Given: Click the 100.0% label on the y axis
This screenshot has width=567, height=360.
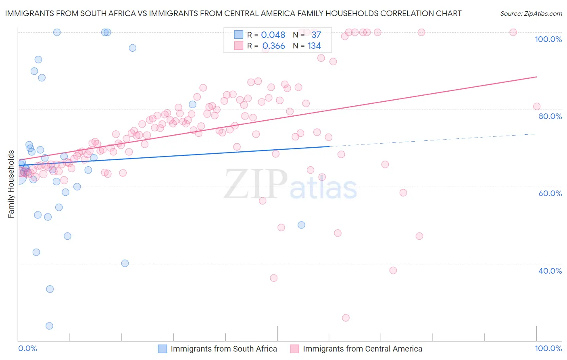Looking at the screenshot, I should (548, 39).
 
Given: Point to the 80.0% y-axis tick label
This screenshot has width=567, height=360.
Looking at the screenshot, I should (550, 116).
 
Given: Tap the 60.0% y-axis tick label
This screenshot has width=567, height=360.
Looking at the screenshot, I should (550, 193).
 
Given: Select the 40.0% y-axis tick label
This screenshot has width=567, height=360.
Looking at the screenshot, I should (550, 271).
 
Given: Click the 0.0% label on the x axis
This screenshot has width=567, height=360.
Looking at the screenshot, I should (27, 348).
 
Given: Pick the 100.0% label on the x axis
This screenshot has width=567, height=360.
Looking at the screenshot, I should (548, 348).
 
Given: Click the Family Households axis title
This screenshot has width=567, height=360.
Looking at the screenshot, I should (11, 184).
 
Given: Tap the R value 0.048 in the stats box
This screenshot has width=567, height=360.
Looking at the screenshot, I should (273, 35).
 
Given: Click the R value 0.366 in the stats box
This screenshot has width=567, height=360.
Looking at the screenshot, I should (273, 46).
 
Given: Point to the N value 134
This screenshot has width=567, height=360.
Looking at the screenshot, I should (314, 46).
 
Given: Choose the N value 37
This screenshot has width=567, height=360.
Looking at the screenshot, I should (316, 35).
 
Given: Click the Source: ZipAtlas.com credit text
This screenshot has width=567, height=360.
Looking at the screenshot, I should (531, 14).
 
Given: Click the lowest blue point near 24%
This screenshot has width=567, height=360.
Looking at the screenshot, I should (49, 326).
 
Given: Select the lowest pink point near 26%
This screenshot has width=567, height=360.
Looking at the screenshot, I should (346, 318).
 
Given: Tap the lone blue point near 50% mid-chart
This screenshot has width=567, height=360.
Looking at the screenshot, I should (301, 225).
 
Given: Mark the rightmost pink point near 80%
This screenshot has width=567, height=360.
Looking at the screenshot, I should (536, 107).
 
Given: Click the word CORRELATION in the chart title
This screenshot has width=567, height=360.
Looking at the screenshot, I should (404, 14).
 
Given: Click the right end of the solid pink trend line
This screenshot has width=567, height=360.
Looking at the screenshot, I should (536, 77).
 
